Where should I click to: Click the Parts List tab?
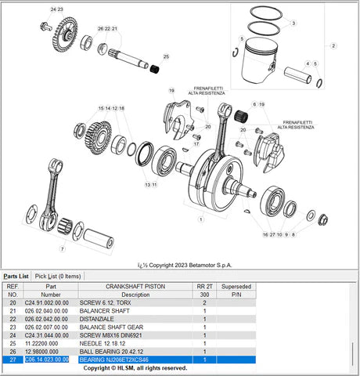coord(16,276)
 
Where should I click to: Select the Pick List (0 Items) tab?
coord(58,276)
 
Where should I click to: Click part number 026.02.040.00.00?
coord(51,310)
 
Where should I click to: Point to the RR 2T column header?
coord(204,287)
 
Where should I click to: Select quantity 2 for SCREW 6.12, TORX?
coord(204,302)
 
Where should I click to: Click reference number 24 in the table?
coord(12,335)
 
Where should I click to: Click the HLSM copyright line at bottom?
coord(135,368)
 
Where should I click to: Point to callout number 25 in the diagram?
coord(166,57)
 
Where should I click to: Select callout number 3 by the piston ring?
coord(293,23)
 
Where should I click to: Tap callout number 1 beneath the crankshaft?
coord(202,219)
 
